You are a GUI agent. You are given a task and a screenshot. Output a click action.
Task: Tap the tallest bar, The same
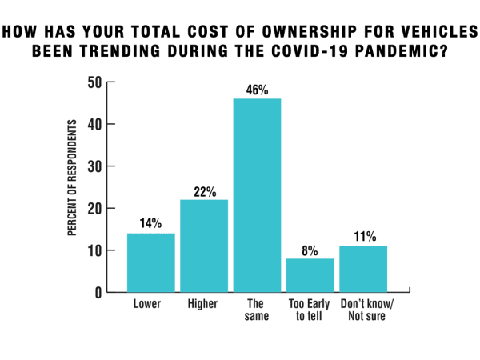coord(257,195)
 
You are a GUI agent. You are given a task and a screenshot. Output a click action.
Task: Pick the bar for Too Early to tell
coord(310,275)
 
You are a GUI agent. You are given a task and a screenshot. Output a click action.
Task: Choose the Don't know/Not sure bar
coord(363,269)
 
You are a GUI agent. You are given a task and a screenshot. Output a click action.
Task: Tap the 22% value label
coord(204,191)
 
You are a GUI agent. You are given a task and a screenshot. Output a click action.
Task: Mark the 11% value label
coord(363,238)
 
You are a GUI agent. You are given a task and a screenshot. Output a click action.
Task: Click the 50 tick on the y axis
coord(95,82)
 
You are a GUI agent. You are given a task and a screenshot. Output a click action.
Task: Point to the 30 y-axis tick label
coord(95,166)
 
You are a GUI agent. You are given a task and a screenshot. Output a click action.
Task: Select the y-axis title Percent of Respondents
coord(72,178)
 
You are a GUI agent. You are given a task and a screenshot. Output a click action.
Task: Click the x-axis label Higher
coord(204,305)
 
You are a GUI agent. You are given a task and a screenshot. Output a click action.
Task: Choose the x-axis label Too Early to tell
coord(310,311)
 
